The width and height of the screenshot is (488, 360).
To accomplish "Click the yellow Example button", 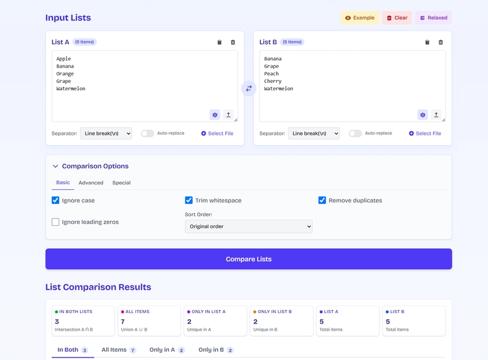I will [x=359, y=18].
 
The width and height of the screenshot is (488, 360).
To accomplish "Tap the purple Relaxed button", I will [x=433, y=18].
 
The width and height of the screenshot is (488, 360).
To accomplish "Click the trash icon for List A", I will [x=233, y=42].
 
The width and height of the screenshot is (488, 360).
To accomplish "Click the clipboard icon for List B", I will [x=427, y=42].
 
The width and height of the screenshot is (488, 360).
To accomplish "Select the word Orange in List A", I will [x=65, y=74].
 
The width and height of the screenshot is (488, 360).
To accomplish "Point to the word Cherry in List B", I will [x=273, y=81].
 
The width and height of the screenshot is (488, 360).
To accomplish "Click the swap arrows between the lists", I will [x=249, y=88].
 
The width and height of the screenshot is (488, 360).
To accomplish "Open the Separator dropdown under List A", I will [x=106, y=133].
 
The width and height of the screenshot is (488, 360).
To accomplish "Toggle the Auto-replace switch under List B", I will [x=355, y=133].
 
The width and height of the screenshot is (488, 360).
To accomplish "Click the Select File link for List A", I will [x=217, y=133].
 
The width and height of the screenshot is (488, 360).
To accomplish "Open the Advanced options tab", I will [x=91, y=182].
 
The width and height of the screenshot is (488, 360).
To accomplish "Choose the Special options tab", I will [x=121, y=182].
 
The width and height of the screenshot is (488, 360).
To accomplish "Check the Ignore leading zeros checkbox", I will [x=56, y=222].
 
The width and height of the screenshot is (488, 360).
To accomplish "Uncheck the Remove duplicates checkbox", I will [x=322, y=200].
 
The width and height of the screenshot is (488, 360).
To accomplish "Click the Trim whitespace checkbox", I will [x=189, y=200].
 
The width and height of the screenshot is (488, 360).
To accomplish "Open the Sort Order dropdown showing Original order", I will [x=248, y=226].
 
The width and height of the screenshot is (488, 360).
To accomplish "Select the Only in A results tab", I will [x=162, y=350].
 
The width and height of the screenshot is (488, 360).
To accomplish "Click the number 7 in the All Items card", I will [x=123, y=322].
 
